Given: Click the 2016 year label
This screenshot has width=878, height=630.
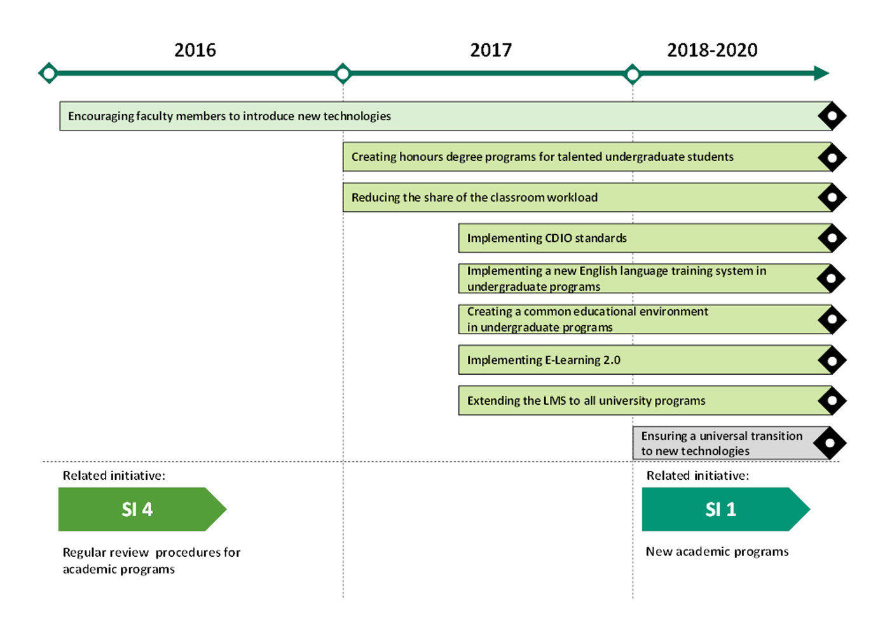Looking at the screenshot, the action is click(x=195, y=50).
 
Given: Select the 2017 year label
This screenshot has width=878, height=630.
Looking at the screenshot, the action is click(x=491, y=50).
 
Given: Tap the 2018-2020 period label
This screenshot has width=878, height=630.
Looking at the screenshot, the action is click(x=712, y=50).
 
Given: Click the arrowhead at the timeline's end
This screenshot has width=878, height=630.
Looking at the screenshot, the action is click(x=821, y=73).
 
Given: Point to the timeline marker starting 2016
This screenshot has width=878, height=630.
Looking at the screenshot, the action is click(x=48, y=73).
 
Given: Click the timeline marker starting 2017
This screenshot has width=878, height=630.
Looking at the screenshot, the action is click(x=343, y=73).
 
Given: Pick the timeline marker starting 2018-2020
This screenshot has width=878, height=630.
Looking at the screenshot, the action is click(x=632, y=74).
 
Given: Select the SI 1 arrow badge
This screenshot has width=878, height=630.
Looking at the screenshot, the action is click(x=726, y=509).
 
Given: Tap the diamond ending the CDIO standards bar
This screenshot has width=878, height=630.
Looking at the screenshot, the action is click(x=832, y=238).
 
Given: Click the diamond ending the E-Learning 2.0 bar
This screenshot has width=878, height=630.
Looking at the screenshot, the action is click(x=832, y=360).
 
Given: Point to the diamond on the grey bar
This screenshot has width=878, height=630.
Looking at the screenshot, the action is click(x=830, y=443).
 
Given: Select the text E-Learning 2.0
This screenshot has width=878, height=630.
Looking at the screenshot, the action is click(x=582, y=360).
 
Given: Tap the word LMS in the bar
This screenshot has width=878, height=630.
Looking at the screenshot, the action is click(x=554, y=400).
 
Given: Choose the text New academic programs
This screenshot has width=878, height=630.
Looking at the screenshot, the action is click(x=717, y=552).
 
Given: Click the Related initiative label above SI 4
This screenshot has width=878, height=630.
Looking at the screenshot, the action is click(x=114, y=475).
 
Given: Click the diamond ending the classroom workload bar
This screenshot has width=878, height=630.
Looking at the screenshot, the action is click(x=832, y=197).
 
